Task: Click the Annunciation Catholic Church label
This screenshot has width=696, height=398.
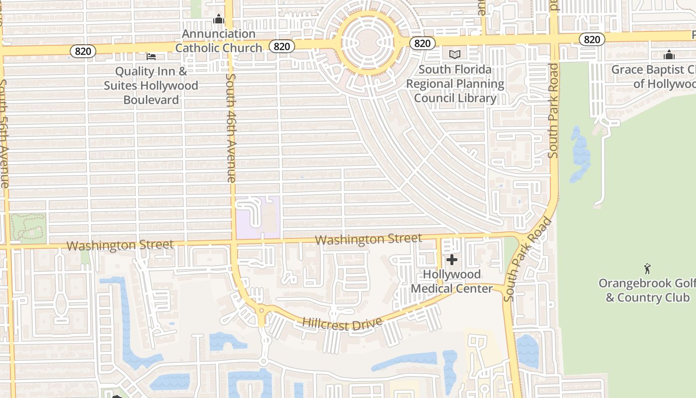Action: tap(218, 41)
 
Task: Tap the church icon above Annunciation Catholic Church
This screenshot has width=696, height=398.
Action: tap(218, 19)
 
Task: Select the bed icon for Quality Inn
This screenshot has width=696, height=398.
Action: tap(151, 57)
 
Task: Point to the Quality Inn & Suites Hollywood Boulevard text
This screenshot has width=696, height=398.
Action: tap(151, 86)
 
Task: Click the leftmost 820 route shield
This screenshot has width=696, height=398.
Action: tap(80, 51)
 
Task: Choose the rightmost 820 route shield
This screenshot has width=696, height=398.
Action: tap(591, 39)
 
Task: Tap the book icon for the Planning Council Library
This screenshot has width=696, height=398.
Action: tap(455, 54)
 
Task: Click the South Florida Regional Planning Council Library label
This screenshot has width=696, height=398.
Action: tap(455, 84)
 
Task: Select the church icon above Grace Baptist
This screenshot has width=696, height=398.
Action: tap(669, 55)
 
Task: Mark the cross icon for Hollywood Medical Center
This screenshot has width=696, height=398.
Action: tap(451, 260)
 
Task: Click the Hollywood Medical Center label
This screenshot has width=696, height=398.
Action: tap(452, 282)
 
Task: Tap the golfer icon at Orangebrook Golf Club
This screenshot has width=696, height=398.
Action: tap(647, 269)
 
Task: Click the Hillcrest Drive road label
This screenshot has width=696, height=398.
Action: tap(343, 323)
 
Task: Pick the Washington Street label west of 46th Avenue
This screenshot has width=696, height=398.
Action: tap(120, 245)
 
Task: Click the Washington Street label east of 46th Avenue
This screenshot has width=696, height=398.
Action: tap(368, 239)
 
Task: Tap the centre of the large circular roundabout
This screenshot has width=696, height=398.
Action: tap(367, 43)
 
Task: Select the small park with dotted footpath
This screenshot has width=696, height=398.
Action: tap(28, 227)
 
